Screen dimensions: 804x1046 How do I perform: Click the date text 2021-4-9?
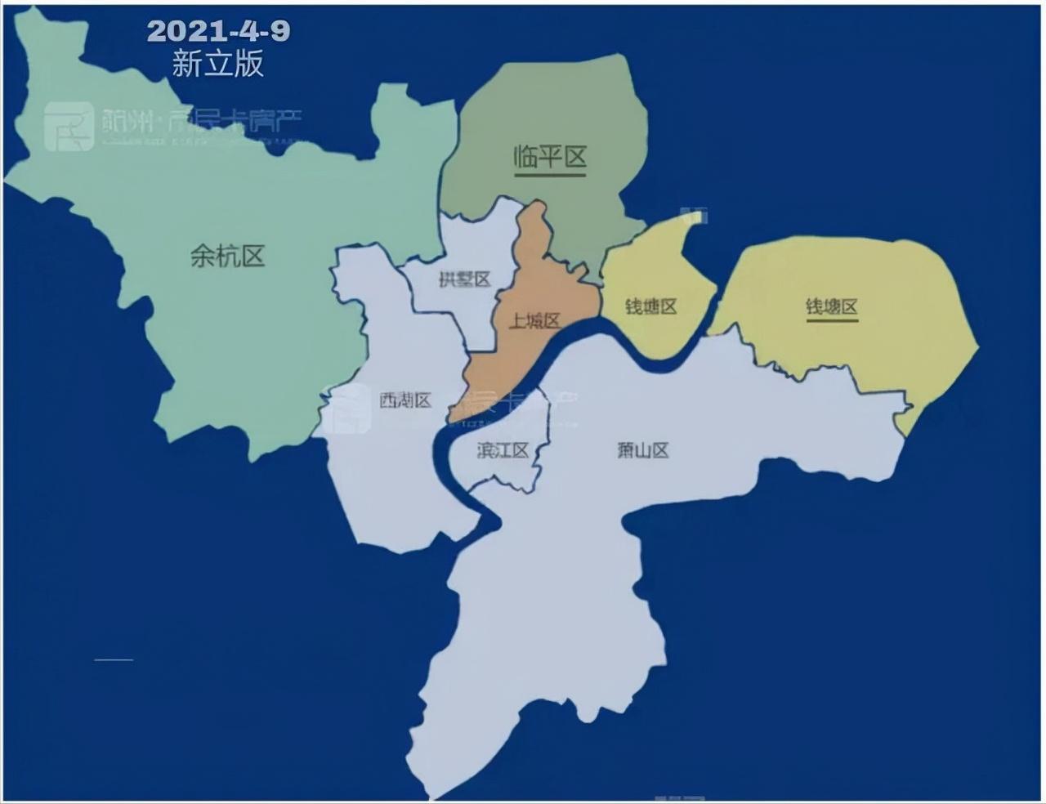[x=218, y=31]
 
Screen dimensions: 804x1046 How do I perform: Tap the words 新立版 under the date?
[x=218, y=64]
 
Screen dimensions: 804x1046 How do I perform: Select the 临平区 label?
[x=551, y=156]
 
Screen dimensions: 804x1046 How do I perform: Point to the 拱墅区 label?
[x=464, y=279]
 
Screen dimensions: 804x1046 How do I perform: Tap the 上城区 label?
[x=534, y=321]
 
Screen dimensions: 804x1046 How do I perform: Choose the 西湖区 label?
[x=405, y=400]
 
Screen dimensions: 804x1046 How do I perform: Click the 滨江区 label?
[x=503, y=450]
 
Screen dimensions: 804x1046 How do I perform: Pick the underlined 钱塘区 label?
[x=832, y=306]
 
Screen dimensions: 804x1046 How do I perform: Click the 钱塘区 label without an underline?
[x=651, y=306]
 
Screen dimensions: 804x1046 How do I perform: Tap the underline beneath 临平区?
[x=551, y=174]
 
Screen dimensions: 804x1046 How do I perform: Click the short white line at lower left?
[x=114, y=659]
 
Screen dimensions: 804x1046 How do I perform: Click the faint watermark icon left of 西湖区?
[x=345, y=407]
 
